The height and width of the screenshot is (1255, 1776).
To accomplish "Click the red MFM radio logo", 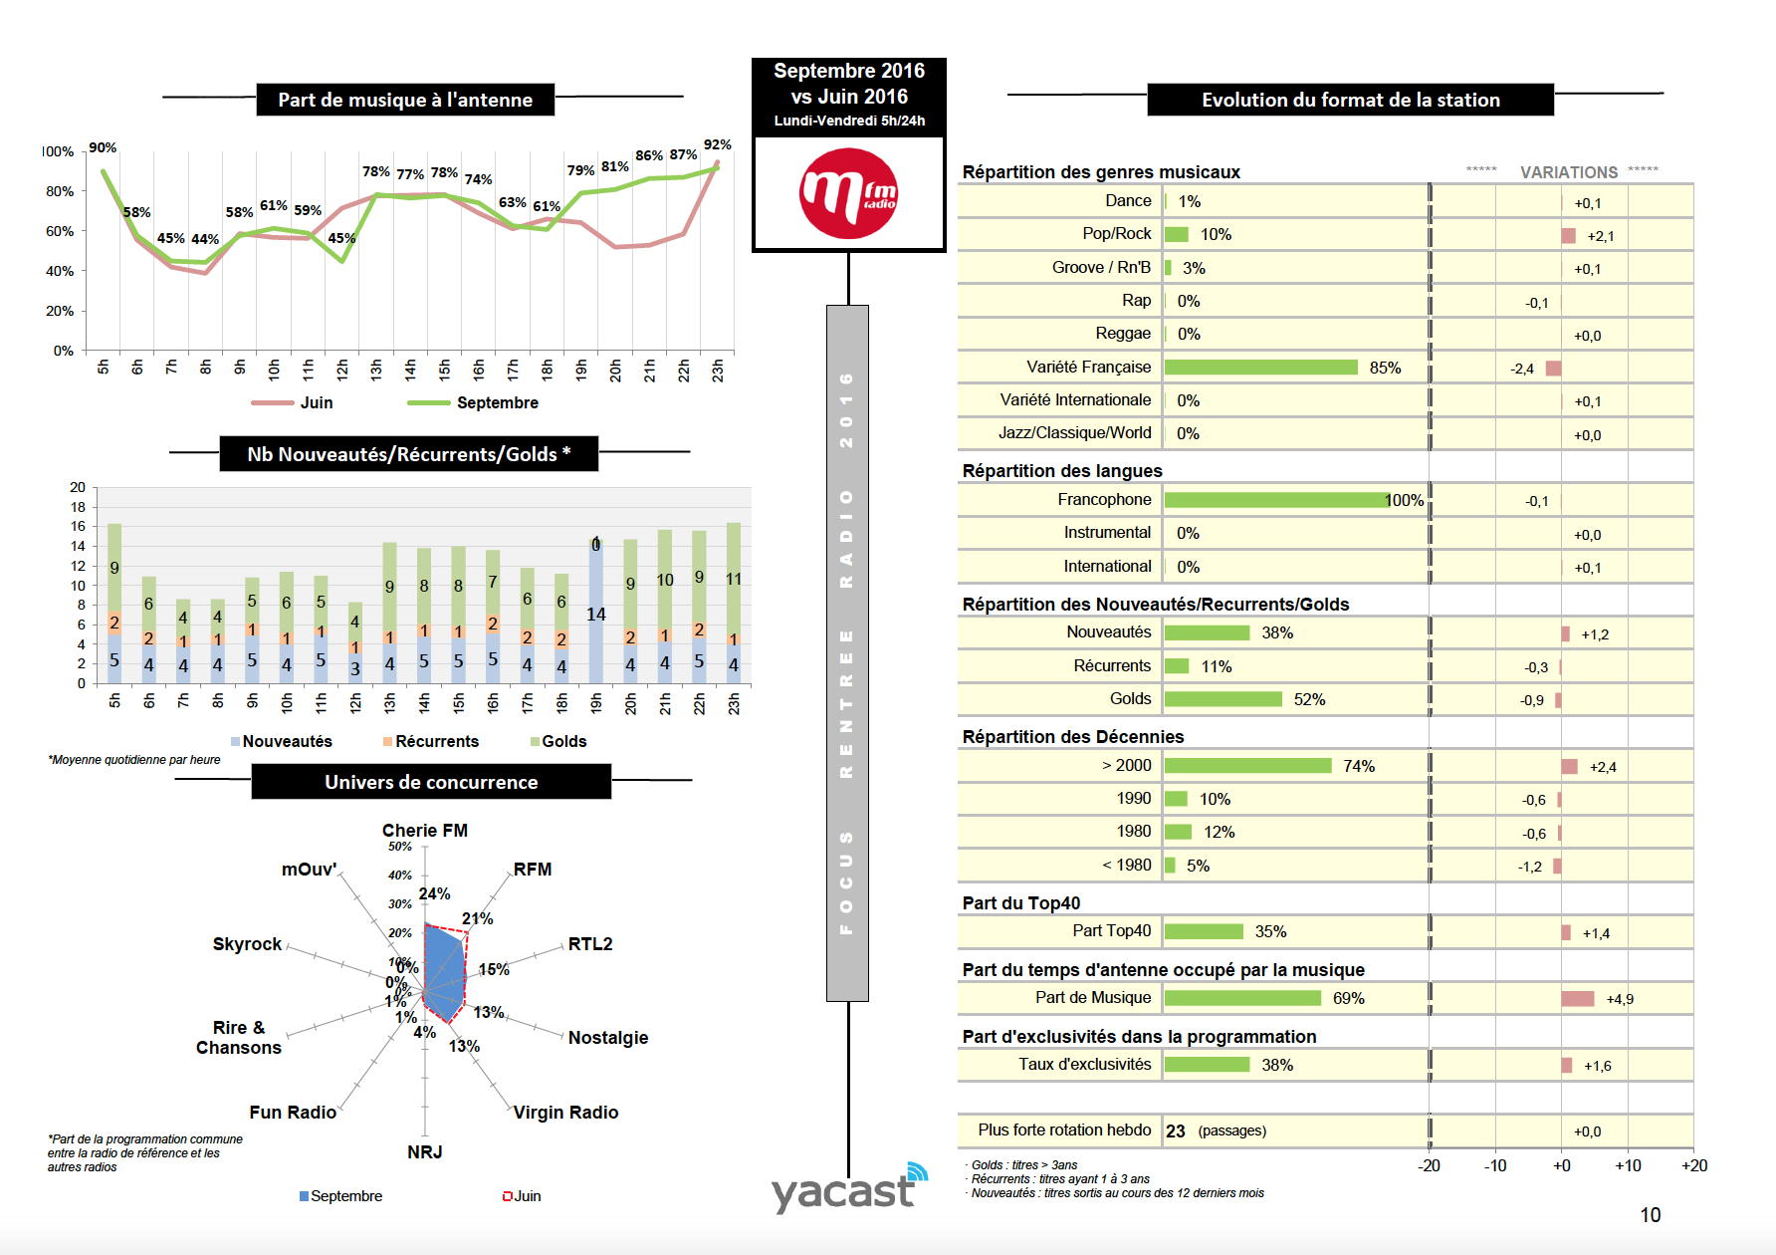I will click(x=848, y=193).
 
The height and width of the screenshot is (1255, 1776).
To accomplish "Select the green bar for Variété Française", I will click(x=1260, y=368).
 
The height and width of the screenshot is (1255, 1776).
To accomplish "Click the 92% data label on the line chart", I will click(x=717, y=145).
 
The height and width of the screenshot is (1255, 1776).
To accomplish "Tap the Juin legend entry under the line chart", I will click(x=316, y=402).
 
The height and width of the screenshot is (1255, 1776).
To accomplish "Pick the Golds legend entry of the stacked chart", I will click(x=562, y=741).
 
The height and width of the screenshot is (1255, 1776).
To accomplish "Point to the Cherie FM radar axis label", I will click(x=424, y=831).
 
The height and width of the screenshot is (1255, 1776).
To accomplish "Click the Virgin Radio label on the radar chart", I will click(x=565, y=1113).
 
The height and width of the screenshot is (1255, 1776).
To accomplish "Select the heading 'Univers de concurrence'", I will click(x=431, y=782).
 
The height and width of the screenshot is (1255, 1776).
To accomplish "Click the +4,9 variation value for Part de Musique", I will click(x=1619, y=999).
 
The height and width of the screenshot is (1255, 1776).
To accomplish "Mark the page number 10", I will click(x=1650, y=1215).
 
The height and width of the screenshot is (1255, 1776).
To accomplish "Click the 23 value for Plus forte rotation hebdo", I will click(x=1176, y=1131).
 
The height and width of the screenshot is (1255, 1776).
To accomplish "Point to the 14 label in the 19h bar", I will click(x=595, y=615).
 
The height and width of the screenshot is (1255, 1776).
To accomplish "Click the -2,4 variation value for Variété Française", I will click(x=1521, y=369).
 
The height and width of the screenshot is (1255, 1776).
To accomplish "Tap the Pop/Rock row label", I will click(x=1116, y=234).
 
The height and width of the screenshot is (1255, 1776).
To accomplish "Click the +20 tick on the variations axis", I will click(x=1693, y=1165).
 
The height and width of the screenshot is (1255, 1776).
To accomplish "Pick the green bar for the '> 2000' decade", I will click(x=1247, y=766).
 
